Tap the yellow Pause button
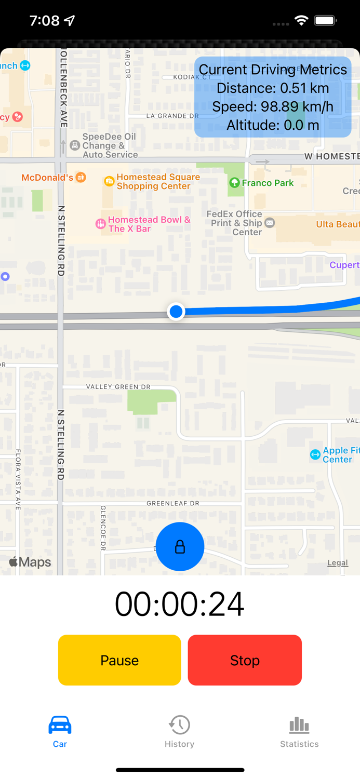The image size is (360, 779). pos(119,660)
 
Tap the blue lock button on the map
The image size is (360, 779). pos(180,546)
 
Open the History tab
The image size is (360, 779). pos(179,731)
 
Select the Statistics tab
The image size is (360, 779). pos(299,731)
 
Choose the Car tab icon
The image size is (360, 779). pos(60,726)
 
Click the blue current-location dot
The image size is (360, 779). pos(176,312)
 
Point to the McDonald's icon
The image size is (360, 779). pos(81,178)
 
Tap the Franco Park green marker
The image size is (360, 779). pos(234,183)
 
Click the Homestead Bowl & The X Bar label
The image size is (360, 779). pos(149,224)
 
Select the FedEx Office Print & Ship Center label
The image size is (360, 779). pos(234,223)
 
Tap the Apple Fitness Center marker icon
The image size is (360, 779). pos(315,455)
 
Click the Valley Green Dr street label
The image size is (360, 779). pos(118,387)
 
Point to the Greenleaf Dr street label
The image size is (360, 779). pos(173,503)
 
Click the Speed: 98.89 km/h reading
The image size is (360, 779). pos(273,106)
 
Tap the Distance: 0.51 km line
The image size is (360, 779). pos(273,88)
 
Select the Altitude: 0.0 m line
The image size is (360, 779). pos(273,125)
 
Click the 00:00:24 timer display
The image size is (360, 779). pos(180,603)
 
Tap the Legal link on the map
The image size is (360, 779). pos(338,562)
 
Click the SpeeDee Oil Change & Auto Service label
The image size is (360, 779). pos(110,145)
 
